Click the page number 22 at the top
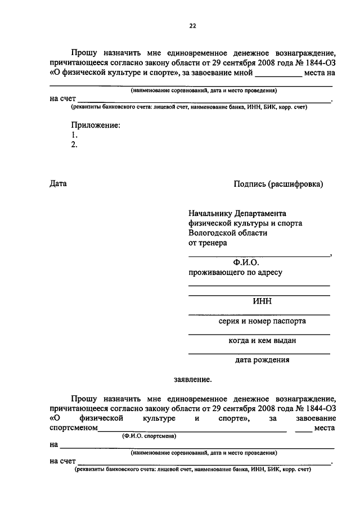click(x=192, y=26)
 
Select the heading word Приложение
click(x=96, y=125)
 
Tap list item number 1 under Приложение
click(x=74, y=135)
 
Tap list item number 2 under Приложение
click(x=74, y=145)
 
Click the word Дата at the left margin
click(x=58, y=183)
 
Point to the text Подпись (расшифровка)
click(x=278, y=183)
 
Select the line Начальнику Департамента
click(x=237, y=213)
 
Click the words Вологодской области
click(x=228, y=232)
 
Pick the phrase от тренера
click(x=208, y=242)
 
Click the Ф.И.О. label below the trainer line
click(x=246, y=263)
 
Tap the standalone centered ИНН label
click(x=262, y=301)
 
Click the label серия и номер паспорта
click(x=263, y=321)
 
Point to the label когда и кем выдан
click(x=262, y=340)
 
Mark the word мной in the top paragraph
click(x=242, y=73)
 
